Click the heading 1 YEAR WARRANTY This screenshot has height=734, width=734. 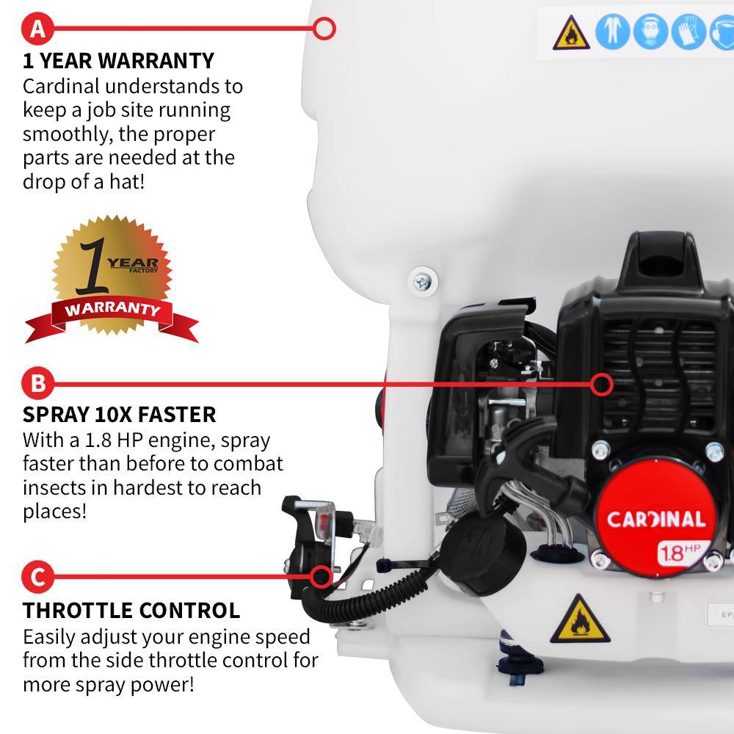(x=118, y=60)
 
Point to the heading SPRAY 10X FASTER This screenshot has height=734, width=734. (x=120, y=414)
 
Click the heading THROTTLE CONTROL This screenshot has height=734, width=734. (x=131, y=610)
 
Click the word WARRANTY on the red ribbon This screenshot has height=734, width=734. (x=112, y=308)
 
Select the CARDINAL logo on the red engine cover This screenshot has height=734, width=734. (x=655, y=520)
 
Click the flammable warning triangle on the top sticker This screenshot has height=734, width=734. (x=571, y=34)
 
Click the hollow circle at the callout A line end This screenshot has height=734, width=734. (x=324, y=29)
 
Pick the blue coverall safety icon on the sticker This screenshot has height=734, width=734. (x=612, y=33)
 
